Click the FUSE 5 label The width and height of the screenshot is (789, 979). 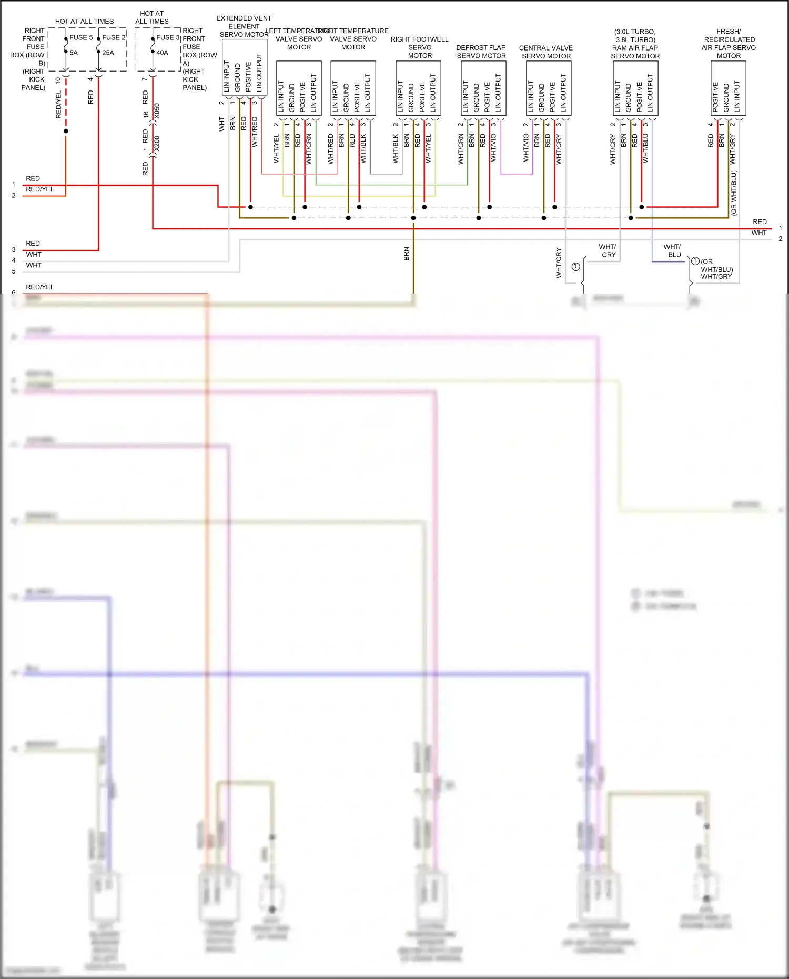pyautogui.click(x=81, y=37)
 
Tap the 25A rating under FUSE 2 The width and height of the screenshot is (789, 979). pyautogui.click(x=108, y=53)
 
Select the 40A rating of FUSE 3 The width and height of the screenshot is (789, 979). pyautogui.click(x=162, y=53)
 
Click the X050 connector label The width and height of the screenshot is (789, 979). pyautogui.click(x=157, y=111)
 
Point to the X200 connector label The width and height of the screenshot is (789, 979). pyautogui.click(x=157, y=144)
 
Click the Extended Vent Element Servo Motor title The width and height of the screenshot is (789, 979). pyautogui.click(x=244, y=26)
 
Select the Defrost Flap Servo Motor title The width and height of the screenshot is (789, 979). pyautogui.click(x=481, y=52)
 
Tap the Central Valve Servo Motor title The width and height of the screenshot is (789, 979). pyautogui.click(x=546, y=52)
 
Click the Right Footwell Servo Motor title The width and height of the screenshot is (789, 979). pyautogui.click(x=420, y=47)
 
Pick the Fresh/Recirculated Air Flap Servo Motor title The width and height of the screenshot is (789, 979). pyautogui.click(x=729, y=43)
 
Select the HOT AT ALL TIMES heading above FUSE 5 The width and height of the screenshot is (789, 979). pyautogui.click(x=84, y=22)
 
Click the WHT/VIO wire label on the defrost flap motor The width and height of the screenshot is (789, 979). pyautogui.click(x=493, y=147)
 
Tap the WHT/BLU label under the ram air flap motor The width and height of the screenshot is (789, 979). pyautogui.click(x=645, y=148)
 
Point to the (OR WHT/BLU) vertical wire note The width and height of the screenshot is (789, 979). pyautogui.click(x=734, y=193)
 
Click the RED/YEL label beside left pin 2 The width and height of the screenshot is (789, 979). pyautogui.click(x=40, y=189)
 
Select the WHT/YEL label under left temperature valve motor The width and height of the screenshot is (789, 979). pyautogui.click(x=276, y=148)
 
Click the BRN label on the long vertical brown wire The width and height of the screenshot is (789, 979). pyautogui.click(x=406, y=254)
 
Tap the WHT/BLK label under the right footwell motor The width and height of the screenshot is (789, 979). pyautogui.click(x=396, y=148)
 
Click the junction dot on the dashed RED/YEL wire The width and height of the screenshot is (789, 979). pyautogui.click(x=66, y=131)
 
